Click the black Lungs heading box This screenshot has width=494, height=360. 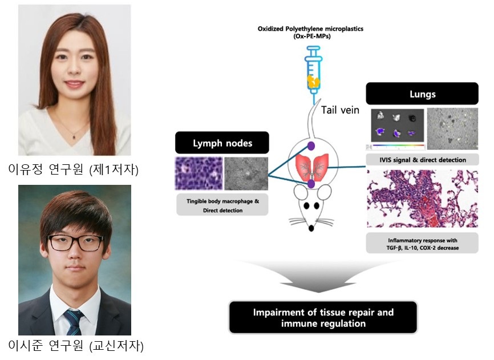pos(422,93)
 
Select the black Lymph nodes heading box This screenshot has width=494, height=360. pos(222,143)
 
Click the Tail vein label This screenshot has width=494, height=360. pos(341,110)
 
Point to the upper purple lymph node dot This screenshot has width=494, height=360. pos(311,145)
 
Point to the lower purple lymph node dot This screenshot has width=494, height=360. pos(311,184)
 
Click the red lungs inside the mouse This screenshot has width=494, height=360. pos(311,165)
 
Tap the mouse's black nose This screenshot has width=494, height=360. pos(311,229)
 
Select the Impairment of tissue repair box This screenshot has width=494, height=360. pos(322,317)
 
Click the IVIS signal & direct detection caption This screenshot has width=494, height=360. pos(422,160)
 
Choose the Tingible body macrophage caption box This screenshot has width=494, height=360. pos(222,206)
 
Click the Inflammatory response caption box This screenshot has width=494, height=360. pos(422,242)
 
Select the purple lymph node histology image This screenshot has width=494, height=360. pos(197,173)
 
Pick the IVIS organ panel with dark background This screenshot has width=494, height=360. pos(397,126)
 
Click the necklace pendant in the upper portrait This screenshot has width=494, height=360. pos(74,137)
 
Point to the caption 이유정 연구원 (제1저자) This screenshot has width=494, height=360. pos(74,169)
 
